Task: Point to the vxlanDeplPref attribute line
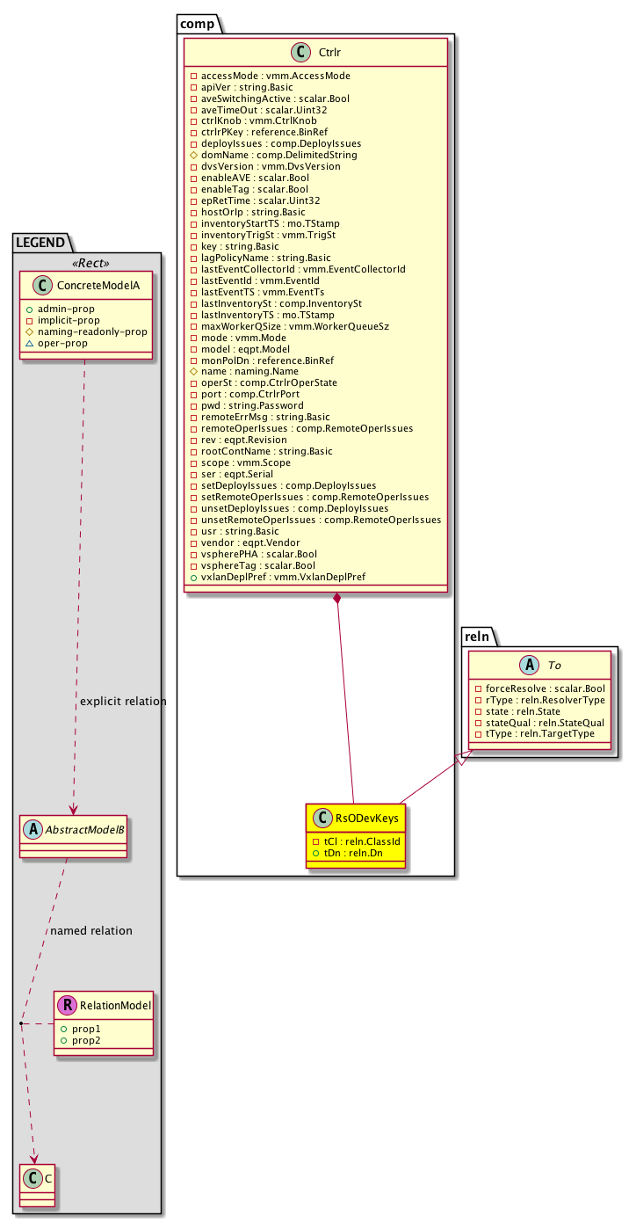click(283, 577)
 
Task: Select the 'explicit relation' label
click(122, 702)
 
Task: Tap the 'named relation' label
click(91, 931)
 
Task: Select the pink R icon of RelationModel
click(64, 1005)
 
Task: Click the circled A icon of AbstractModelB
click(31, 826)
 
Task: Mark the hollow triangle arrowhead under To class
click(469, 753)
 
